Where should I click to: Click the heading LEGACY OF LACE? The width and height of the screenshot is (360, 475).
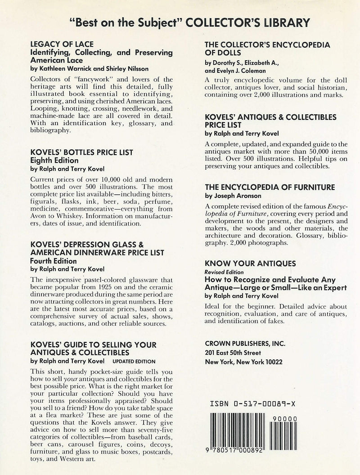tap(61, 44)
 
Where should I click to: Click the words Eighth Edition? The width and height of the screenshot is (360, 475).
tap(54, 160)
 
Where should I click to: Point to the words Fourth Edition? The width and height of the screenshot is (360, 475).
tap(53, 260)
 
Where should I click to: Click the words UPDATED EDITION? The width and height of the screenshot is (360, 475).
tap(134, 361)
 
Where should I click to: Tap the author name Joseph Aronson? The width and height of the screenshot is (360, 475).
tap(238, 196)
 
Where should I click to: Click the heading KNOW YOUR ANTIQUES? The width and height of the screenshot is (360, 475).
tap(250, 264)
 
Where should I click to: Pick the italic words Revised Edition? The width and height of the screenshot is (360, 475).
tap(224, 272)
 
